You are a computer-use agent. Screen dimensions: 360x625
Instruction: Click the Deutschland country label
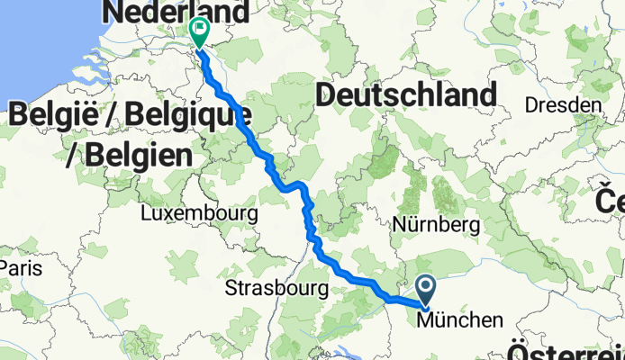pyautogui.click(x=406, y=94)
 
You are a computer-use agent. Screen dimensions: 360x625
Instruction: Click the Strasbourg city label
pyautogui.click(x=274, y=290)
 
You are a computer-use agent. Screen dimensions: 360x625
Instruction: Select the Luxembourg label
pyautogui.click(x=200, y=215)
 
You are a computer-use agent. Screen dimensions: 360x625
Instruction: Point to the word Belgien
pyautogui.click(x=140, y=155)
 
